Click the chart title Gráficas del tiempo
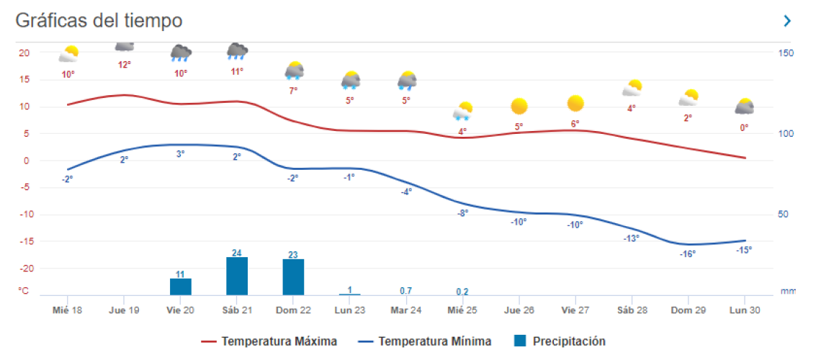point(99,21)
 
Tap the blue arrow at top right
point(787,21)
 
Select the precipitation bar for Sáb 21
point(237,276)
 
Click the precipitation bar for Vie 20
point(181,287)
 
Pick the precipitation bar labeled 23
point(293,277)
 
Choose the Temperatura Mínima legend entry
point(425,341)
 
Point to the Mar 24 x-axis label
point(406,310)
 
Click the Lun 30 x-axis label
point(744,310)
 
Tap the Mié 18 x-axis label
point(68,310)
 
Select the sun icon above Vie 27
point(575,104)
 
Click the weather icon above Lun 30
point(744,107)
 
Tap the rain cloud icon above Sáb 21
point(237,51)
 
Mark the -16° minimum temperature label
point(688,253)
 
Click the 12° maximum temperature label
point(124,65)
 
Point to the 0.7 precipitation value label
point(406,290)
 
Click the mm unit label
point(788,292)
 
